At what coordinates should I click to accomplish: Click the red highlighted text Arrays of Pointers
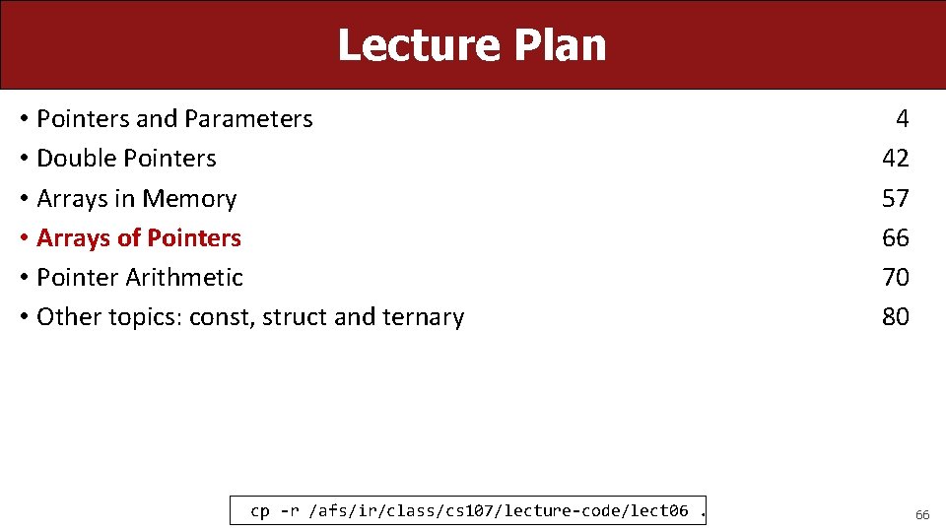(x=138, y=238)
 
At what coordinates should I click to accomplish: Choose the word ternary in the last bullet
(x=423, y=317)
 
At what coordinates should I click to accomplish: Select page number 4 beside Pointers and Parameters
(x=902, y=119)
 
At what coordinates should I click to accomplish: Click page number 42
(x=895, y=159)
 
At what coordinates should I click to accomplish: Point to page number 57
(x=895, y=199)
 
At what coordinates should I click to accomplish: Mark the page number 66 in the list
(x=895, y=238)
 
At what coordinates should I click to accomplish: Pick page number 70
(x=895, y=278)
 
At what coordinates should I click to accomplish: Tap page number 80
(x=895, y=317)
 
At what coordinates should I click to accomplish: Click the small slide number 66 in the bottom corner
(x=922, y=514)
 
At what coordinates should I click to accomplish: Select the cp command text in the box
(x=469, y=510)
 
